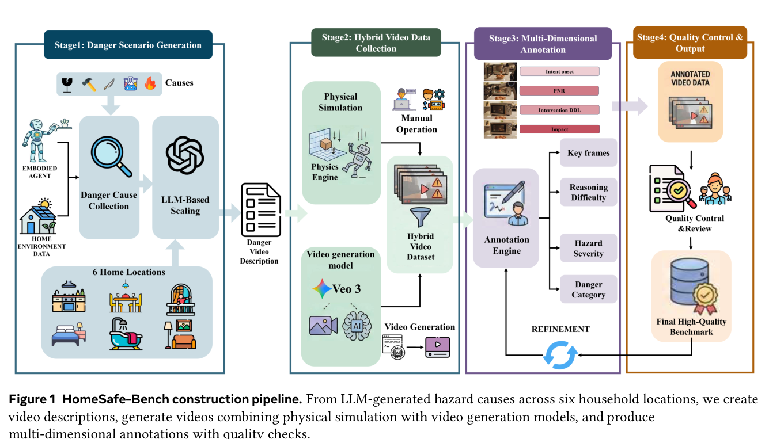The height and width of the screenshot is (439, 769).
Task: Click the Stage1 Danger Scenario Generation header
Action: click(x=128, y=45)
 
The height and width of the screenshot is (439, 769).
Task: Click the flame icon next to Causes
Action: click(x=150, y=83)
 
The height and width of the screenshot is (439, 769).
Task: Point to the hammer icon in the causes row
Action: click(x=89, y=84)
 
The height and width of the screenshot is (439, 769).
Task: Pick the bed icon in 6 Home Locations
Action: click(x=69, y=334)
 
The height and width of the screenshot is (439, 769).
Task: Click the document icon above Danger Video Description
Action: click(x=261, y=209)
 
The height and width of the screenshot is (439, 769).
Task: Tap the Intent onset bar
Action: click(x=559, y=72)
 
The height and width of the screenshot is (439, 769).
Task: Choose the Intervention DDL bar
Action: click(x=559, y=110)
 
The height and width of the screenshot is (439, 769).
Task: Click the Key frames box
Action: click(x=588, y=153)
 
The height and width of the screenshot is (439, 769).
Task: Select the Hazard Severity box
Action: click(x=588, y=249)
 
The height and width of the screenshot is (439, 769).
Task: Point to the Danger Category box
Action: click(x=588, y=289)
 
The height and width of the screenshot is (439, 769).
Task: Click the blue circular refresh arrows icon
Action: click(x=560, y=355)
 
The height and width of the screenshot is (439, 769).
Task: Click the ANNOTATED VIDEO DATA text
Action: click(x=690, y=78)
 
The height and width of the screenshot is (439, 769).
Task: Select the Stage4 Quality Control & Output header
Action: click(x=690, y=43)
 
